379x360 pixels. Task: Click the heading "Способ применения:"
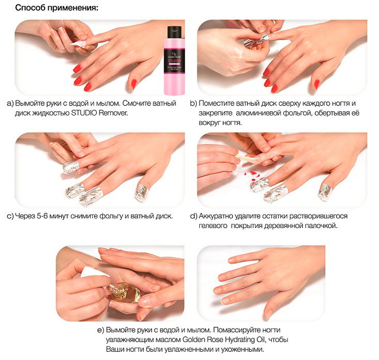57,8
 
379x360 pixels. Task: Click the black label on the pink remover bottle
174,60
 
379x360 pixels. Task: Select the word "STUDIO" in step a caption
84,113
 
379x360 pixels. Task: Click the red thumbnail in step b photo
317,84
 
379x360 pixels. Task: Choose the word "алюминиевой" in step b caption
258,113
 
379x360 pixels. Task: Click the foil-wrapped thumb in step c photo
141,193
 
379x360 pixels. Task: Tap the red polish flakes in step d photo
253,175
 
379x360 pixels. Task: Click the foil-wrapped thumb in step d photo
325,192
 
